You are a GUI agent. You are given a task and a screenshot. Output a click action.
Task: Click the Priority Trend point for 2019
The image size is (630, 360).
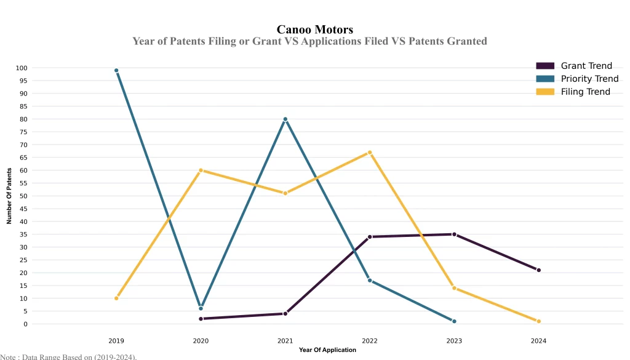[x=116, y=70]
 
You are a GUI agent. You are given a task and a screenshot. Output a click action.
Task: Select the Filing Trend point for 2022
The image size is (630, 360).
[x=370, y=152]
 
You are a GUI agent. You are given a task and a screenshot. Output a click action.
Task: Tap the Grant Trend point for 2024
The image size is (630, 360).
[x=539, y=270]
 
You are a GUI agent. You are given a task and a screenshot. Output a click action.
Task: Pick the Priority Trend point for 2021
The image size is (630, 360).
[x=285, y=119]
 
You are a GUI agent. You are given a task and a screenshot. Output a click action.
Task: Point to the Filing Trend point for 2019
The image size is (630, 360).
[x=116, y=298]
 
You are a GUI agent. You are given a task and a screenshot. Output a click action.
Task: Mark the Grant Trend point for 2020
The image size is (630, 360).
[x=201, y=319]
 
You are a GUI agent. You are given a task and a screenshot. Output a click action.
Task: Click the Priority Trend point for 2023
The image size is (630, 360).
[x=454, y=321]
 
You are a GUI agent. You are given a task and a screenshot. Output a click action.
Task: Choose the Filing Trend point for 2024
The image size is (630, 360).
[x=539, y=321]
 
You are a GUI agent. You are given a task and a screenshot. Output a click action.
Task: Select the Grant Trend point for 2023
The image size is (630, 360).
[x=454, y=234]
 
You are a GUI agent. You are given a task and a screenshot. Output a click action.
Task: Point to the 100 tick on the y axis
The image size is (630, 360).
[x=22, y=68]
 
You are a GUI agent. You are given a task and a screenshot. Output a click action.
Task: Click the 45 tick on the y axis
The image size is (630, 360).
[x=23, y=209]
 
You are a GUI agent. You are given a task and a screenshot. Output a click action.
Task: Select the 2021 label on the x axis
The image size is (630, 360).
[x=285, y=340]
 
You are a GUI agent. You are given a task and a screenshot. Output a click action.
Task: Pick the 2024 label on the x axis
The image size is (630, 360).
[x=539, y=340]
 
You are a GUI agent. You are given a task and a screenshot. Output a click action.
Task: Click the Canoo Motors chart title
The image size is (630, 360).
[x=315, y=30]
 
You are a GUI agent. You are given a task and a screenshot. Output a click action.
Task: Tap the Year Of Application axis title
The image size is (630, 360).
[x=327, y=350]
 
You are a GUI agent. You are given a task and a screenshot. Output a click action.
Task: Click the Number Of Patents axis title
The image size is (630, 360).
[x=9, y=196]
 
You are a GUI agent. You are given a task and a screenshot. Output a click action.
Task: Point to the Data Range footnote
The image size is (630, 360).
[x=68, y=356]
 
